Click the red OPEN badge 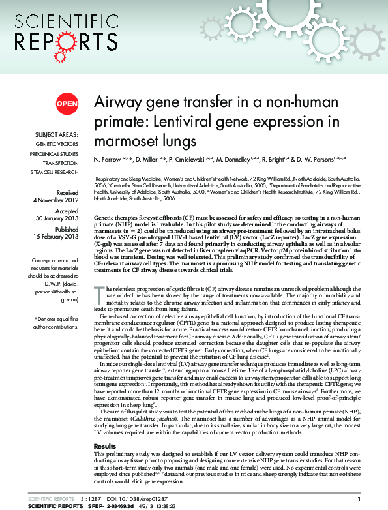tap(67, 103)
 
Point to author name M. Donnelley tap(239, 160)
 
